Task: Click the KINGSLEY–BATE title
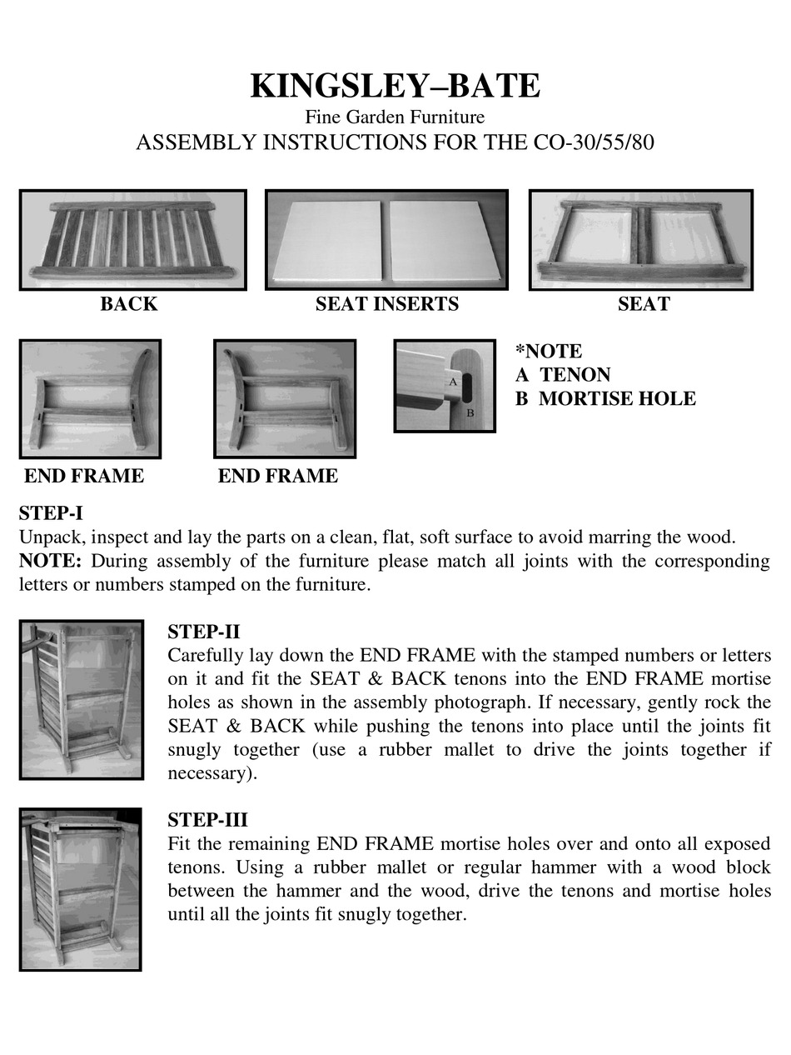[395, 86]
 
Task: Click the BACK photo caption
[129, 304]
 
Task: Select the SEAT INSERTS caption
[386, 304]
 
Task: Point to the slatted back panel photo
[132, 240]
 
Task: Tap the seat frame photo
[640, 240]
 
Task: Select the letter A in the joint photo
[453, 381]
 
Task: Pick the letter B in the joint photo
[470, 412]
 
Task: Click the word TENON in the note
[575, 375]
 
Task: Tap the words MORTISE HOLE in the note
[617, 398]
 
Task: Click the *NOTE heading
[549, 351]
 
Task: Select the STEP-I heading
[51, 512]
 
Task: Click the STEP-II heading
[203, 631]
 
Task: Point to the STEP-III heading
[207, 819]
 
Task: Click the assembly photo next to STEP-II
[81, 699]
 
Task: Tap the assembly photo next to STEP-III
[80, 889]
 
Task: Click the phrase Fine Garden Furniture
[395, 117]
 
